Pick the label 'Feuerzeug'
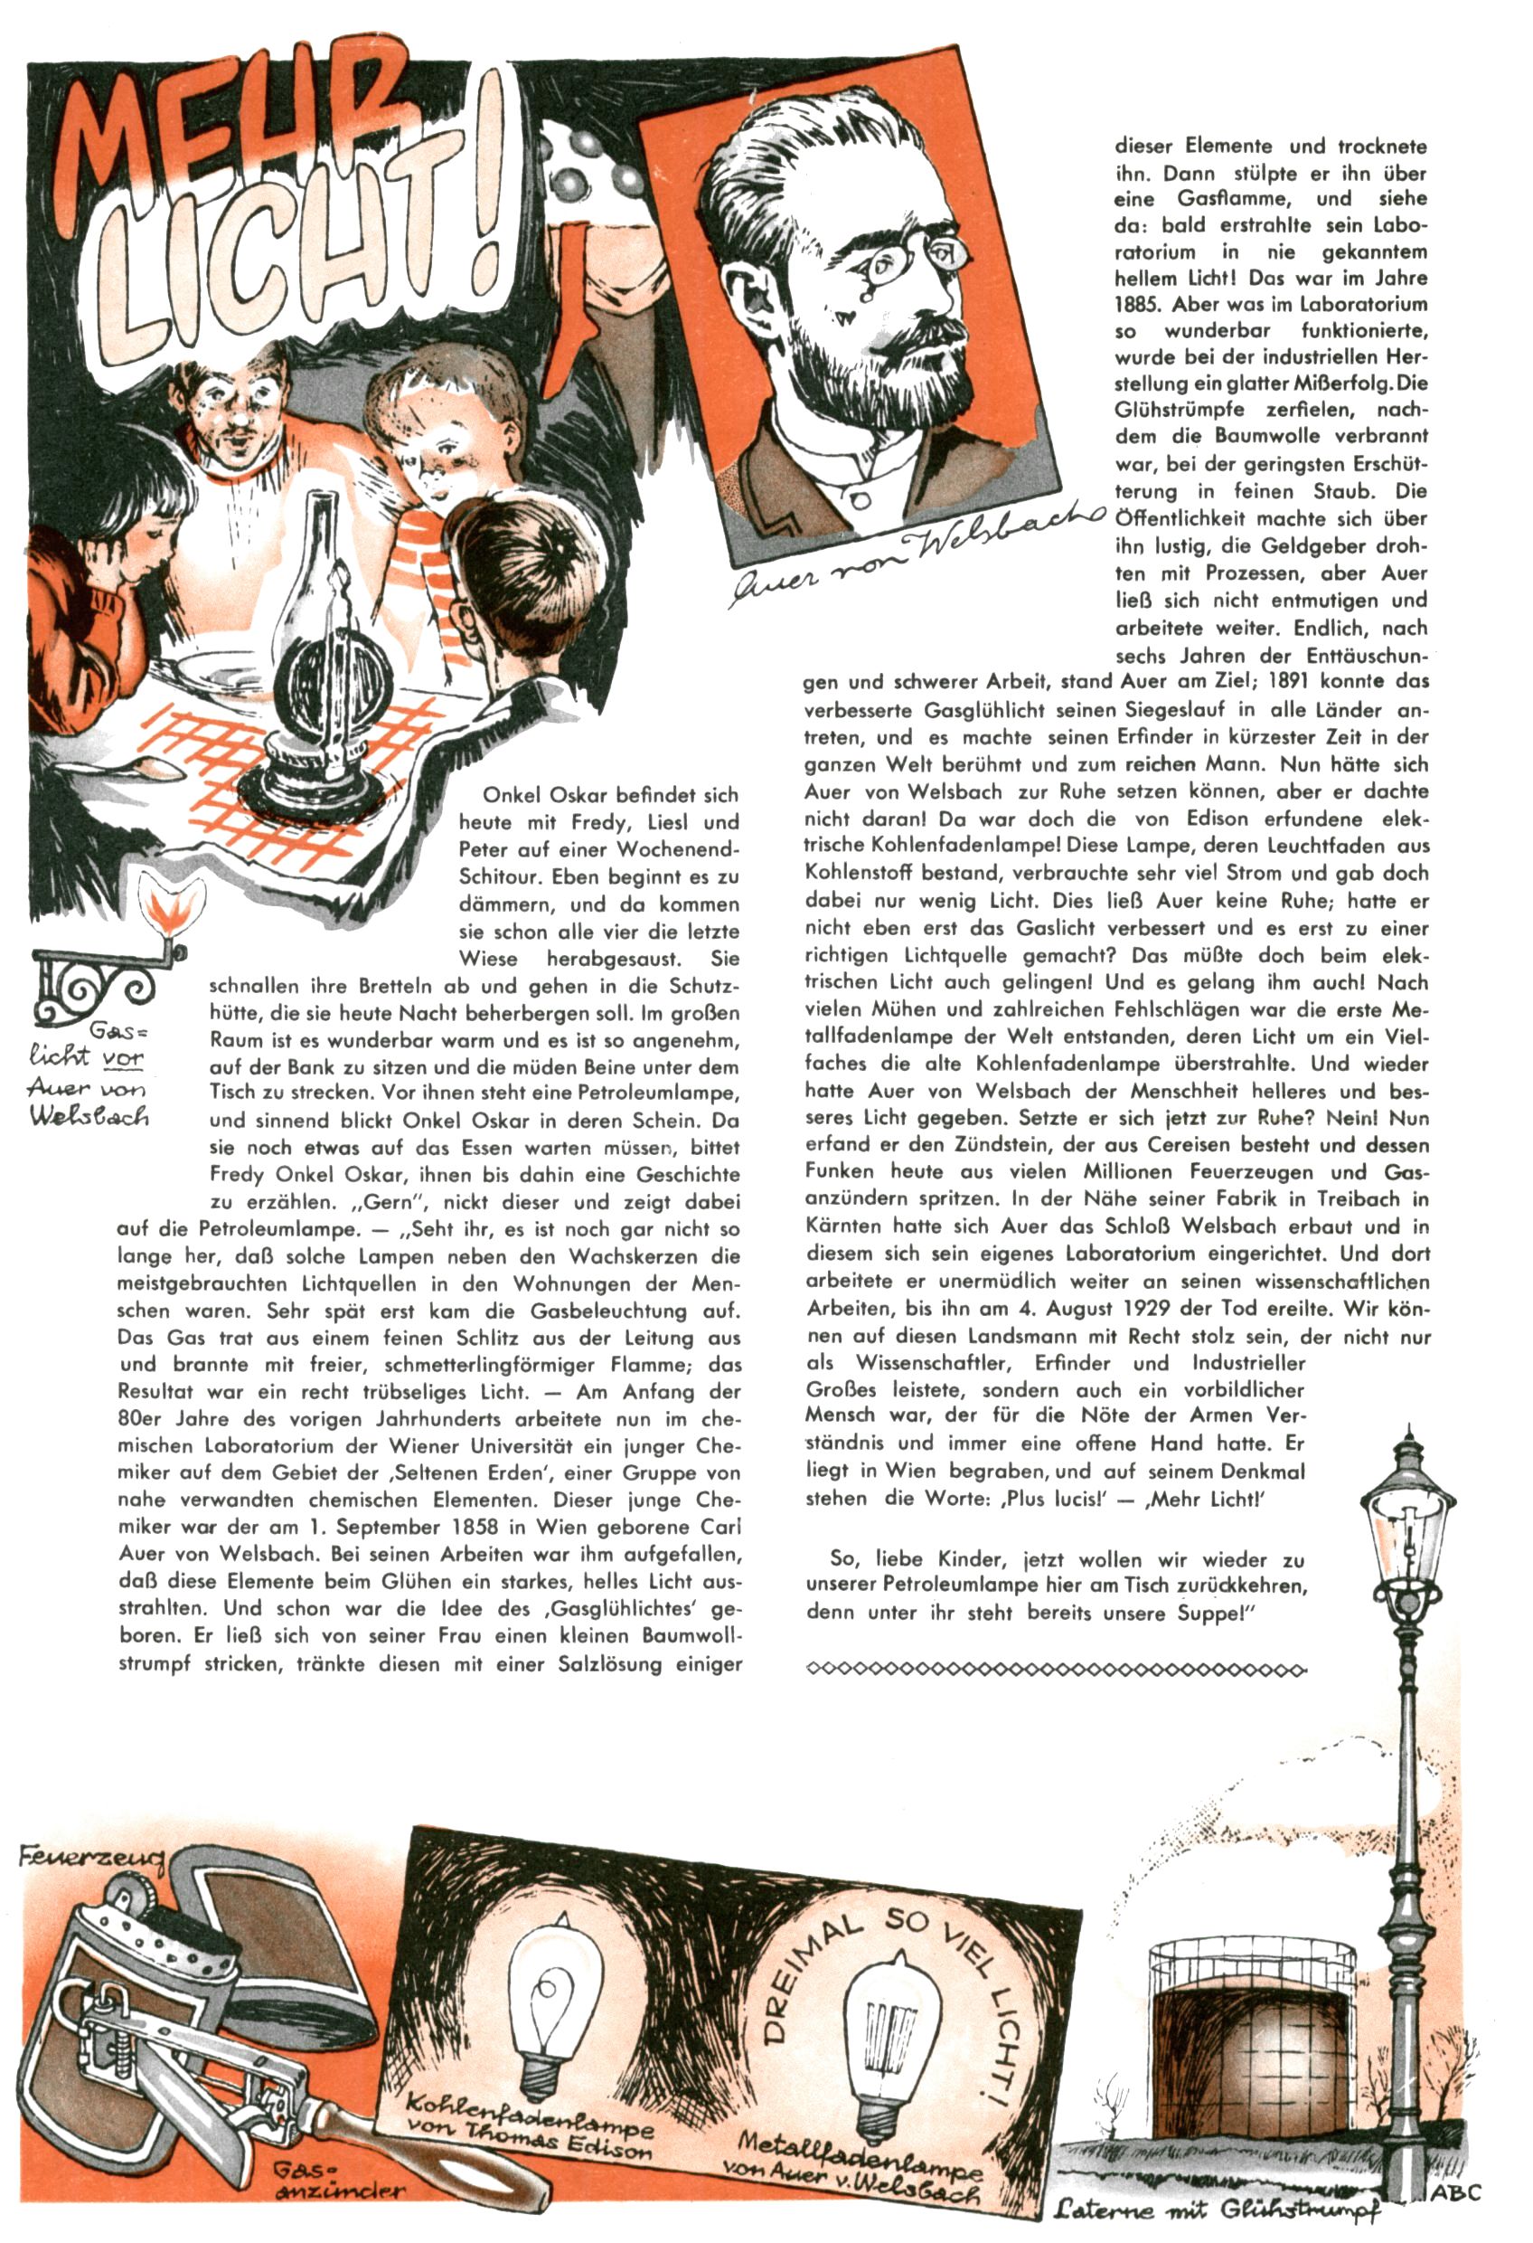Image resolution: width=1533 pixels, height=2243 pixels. tap(91, 1857)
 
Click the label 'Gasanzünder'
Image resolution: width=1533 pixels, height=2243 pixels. tap(338, 2153)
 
